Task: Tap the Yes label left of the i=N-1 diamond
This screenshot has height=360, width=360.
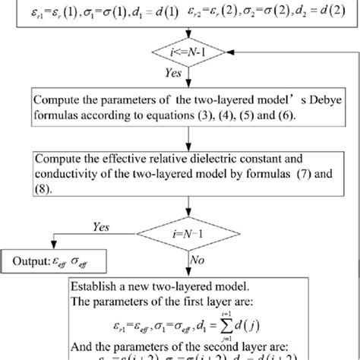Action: tap(101, 227)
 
